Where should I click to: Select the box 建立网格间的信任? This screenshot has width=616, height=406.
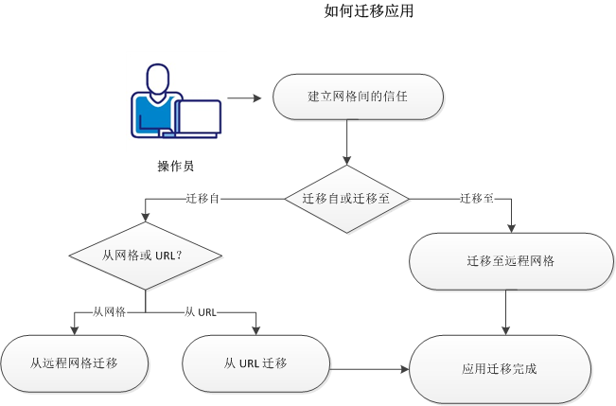tap(358, 97)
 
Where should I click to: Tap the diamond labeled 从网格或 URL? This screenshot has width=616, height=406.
tap(145, 255)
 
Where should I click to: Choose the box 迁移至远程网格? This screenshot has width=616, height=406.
tap(511, 260)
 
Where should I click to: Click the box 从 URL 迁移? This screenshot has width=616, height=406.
tap(255, 363)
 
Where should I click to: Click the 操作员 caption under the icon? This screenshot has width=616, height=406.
tap(176, 166)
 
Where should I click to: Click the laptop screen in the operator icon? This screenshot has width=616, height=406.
tap(199, 116)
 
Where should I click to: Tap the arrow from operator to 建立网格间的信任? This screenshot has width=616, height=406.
tap(243, 97)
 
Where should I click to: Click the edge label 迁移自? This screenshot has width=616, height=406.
tap(203, 199)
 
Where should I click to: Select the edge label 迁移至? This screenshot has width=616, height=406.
tap(476, 199)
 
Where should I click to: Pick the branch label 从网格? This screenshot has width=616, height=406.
tap(108, 311)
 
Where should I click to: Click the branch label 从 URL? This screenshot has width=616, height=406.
tap(202, 311)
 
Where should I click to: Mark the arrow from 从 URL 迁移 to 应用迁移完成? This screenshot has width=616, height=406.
tap(369, 369)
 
